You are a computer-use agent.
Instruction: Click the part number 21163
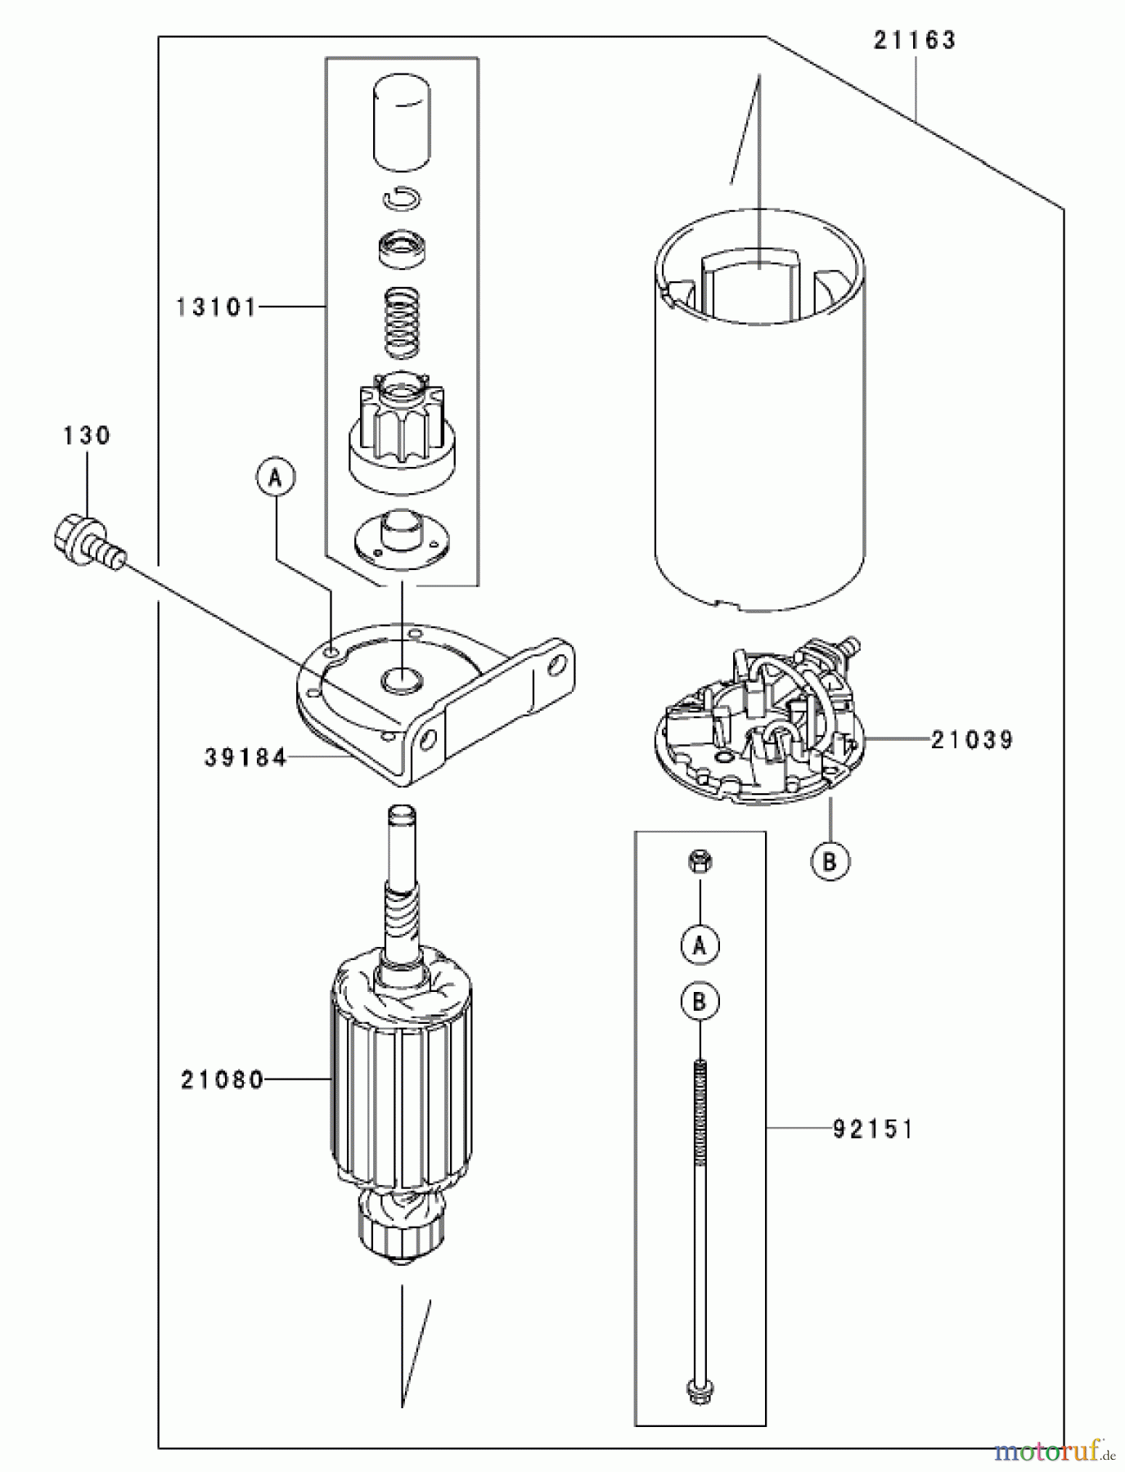(914, 40)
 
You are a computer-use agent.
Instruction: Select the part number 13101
(216, 307)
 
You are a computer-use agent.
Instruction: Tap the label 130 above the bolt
(86, 435)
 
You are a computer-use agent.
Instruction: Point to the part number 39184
(245, 758)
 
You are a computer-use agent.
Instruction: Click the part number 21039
(971, 740)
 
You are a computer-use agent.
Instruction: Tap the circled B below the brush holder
(830, 860)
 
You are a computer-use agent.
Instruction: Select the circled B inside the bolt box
(700, 1001)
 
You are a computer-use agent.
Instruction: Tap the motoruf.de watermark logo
(1055, 1452)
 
